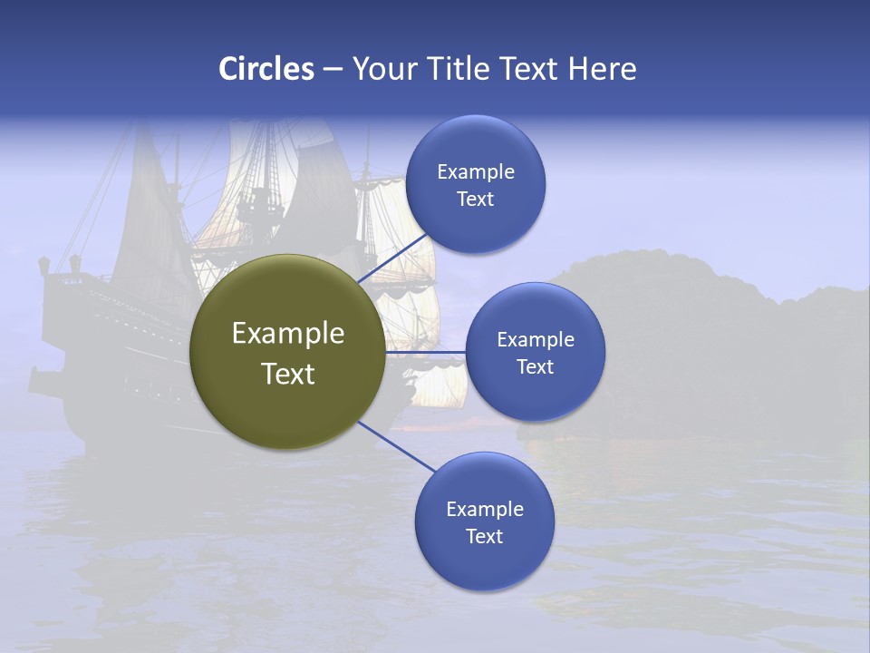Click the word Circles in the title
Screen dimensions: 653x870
(266, 69)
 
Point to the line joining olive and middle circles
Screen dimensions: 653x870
(426, 352)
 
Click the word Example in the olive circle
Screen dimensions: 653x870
(288, 334)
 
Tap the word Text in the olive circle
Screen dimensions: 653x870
(288, 374)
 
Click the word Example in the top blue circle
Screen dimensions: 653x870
(476, 172)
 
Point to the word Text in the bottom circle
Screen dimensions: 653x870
(484, 536)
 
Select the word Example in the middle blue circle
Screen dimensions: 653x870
(536, 340)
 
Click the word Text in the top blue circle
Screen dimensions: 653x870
(475, 199)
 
